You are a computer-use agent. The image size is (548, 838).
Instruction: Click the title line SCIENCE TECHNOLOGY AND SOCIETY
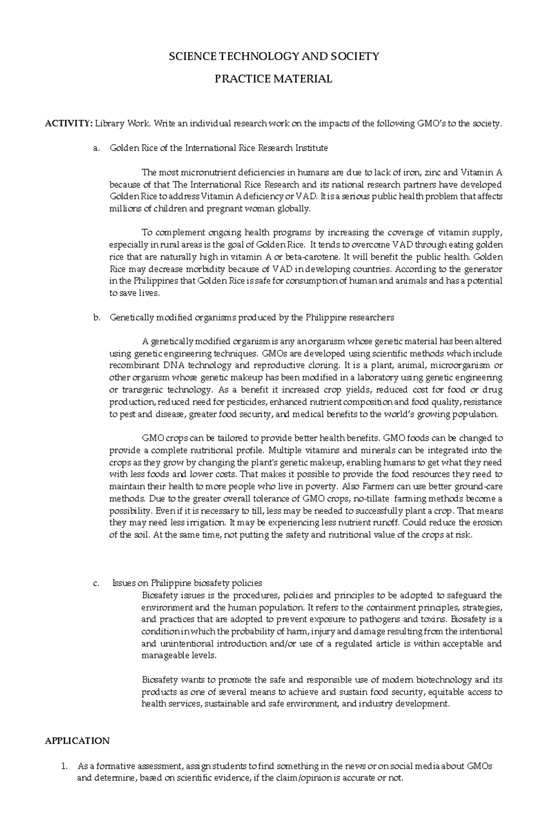tap(274, 56)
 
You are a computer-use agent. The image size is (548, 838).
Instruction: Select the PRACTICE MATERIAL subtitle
tap(274, 79)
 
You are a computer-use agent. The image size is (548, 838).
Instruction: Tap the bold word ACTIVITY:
tap(68, 124)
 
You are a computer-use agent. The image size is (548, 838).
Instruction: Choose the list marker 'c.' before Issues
tap(95, 583)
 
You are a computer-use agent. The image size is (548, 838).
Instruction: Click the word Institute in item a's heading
tap(311, 148)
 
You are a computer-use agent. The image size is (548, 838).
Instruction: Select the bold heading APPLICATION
tap(77, 741)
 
